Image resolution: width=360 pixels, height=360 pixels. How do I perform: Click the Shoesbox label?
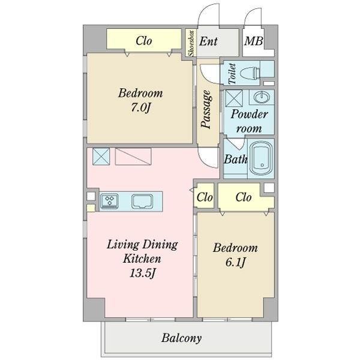click(191, 43)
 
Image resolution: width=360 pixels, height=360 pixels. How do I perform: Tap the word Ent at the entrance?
click(208, 41)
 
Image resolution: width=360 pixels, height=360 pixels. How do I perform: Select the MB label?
click(253, 41)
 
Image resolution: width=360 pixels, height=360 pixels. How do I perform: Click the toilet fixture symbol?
click(250, 73)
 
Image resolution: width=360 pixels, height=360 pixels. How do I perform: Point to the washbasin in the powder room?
click(262, 97)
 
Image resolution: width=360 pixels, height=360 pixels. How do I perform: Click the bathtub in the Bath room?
click(261, 158)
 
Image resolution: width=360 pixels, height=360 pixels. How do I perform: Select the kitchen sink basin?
click(142, 202)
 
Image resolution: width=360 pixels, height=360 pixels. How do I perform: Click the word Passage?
click(206, 109)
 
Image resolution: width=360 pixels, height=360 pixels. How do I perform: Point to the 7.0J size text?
click(140, 107)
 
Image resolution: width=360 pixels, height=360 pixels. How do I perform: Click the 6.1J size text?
click(236, 262)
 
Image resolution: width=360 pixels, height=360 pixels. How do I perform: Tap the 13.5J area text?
click(143, 273)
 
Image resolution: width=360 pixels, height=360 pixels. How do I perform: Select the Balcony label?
click(181, 338)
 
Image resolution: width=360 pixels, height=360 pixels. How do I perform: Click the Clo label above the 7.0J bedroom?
click(144, 41)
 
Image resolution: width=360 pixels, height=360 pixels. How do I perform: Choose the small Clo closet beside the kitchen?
click(205, 197)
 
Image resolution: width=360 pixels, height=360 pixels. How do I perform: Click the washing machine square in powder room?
click(234, 98)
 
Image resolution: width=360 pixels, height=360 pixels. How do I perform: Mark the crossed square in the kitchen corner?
click(101, 157)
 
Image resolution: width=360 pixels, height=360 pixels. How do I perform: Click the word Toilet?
click(232, 73)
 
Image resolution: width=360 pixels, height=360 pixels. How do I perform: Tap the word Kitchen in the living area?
click(142, 259)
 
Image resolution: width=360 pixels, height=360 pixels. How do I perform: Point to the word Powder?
click(250, 114)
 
